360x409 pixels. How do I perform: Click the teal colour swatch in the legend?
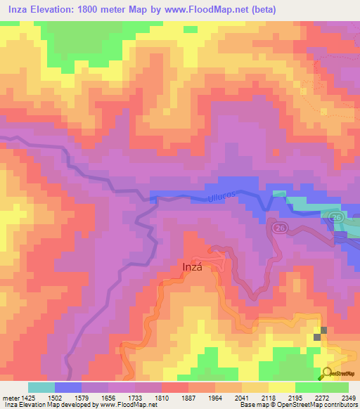tap(41, 387)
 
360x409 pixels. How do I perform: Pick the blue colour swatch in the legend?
tap(68, 387)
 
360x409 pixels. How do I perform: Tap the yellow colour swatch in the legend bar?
tap(282, 387)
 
